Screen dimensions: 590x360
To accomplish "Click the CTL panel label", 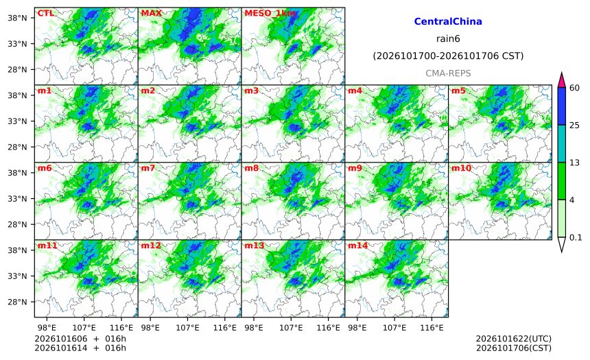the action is click(x=45, y=14).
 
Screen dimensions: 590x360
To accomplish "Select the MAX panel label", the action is click(x=151, y=14).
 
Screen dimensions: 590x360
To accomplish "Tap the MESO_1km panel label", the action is click(x=270, y=14).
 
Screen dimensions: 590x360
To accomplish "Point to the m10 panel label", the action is click(x=461, y=168).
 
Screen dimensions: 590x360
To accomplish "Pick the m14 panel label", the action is click(x=357, y=245).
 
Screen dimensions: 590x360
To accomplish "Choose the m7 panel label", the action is click(x=148, y=168).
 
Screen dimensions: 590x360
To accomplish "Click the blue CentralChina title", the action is click(x=448, y=21).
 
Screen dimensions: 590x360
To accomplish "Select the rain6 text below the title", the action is click(x=448, y=39).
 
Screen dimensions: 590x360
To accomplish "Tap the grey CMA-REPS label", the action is click(x=448, y=73).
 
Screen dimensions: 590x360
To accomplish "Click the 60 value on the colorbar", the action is click(x=575, y=88).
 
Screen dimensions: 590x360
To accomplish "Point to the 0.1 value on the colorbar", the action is click(x=576, y=237).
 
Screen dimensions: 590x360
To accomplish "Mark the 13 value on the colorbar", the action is click(x=575, y=163).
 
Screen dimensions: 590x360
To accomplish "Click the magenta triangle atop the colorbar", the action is click(x=561, y=80).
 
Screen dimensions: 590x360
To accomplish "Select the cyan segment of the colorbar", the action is click(x=561, y=144).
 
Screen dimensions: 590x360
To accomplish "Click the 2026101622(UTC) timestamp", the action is click(x=514, y=339).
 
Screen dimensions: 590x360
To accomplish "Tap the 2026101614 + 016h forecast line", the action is click(x=80, y=348).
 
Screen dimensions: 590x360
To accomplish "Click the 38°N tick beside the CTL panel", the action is click(x=17, y=18).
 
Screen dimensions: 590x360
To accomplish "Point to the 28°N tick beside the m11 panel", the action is click(x=17, y=302).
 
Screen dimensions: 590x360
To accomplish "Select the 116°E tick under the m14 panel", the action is click(x=432, y=328).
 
